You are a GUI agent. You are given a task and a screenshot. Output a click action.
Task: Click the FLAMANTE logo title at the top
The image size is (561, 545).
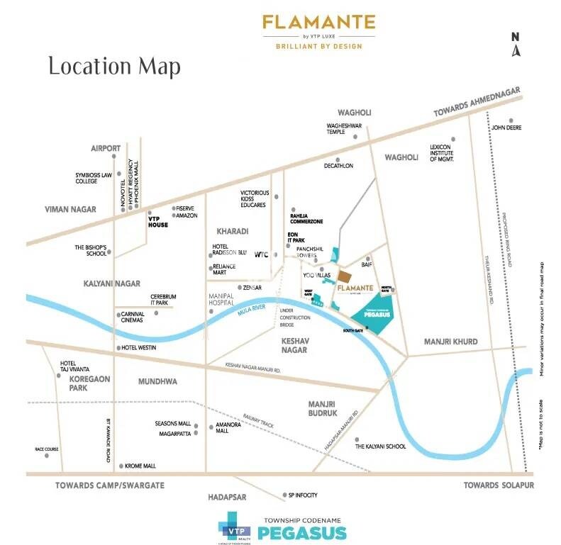point(318,23)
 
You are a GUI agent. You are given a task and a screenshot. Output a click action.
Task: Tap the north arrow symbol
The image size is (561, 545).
point(516,44)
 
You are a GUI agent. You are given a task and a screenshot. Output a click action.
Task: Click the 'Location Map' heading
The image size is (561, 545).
point(114,67)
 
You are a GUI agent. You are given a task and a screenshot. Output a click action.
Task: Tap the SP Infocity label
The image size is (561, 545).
point(301,495)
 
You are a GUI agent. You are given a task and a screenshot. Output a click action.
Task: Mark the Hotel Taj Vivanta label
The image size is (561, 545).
point(75,368)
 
